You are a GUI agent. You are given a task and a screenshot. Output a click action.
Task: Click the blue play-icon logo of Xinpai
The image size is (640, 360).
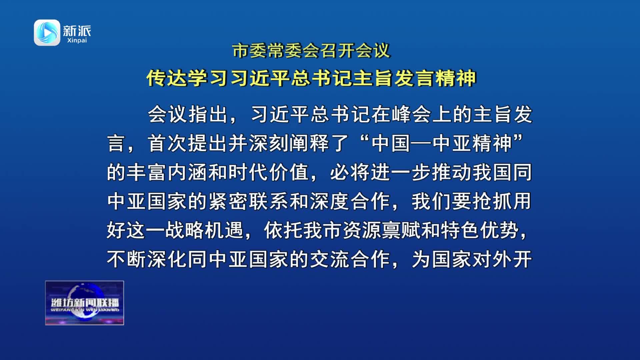pos(47,33)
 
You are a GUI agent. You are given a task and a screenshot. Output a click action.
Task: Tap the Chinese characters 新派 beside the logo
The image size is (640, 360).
pos(77,31)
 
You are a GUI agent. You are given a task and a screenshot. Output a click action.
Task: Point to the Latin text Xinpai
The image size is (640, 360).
pos(77,41)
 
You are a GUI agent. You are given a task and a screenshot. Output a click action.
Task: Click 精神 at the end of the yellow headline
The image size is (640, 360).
pos(455,78)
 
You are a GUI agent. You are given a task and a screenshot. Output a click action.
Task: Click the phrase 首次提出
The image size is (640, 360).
pos(188,143)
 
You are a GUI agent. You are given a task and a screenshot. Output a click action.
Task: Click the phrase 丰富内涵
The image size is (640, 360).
pos(167,172)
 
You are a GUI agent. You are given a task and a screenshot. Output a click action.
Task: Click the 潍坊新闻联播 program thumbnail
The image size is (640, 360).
pos(85,303)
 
